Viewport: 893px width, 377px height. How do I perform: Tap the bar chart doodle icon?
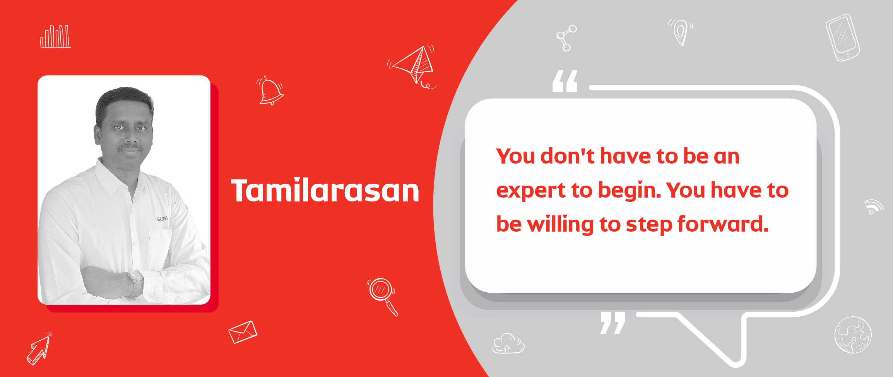(x=55, y=36)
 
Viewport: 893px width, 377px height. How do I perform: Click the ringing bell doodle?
(x=270, y=91)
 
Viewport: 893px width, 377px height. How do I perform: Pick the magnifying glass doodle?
(x=382, y=296)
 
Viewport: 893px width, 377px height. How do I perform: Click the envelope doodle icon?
(x=243, y=332)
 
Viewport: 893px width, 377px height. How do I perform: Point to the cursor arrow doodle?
(x=39, y=349)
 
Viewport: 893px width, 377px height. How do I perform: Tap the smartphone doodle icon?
(x=842, y=38)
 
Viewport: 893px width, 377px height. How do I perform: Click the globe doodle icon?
(x=853, y=335)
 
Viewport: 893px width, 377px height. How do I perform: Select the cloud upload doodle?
(x=508, y=343)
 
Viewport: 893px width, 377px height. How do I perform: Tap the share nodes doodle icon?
(x=566, y=38)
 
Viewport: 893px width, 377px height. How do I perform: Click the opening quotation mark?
(x=565, y=81)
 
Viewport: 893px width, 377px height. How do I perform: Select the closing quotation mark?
(x=613, y=323)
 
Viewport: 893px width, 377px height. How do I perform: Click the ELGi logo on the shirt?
(x=163, y=218)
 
